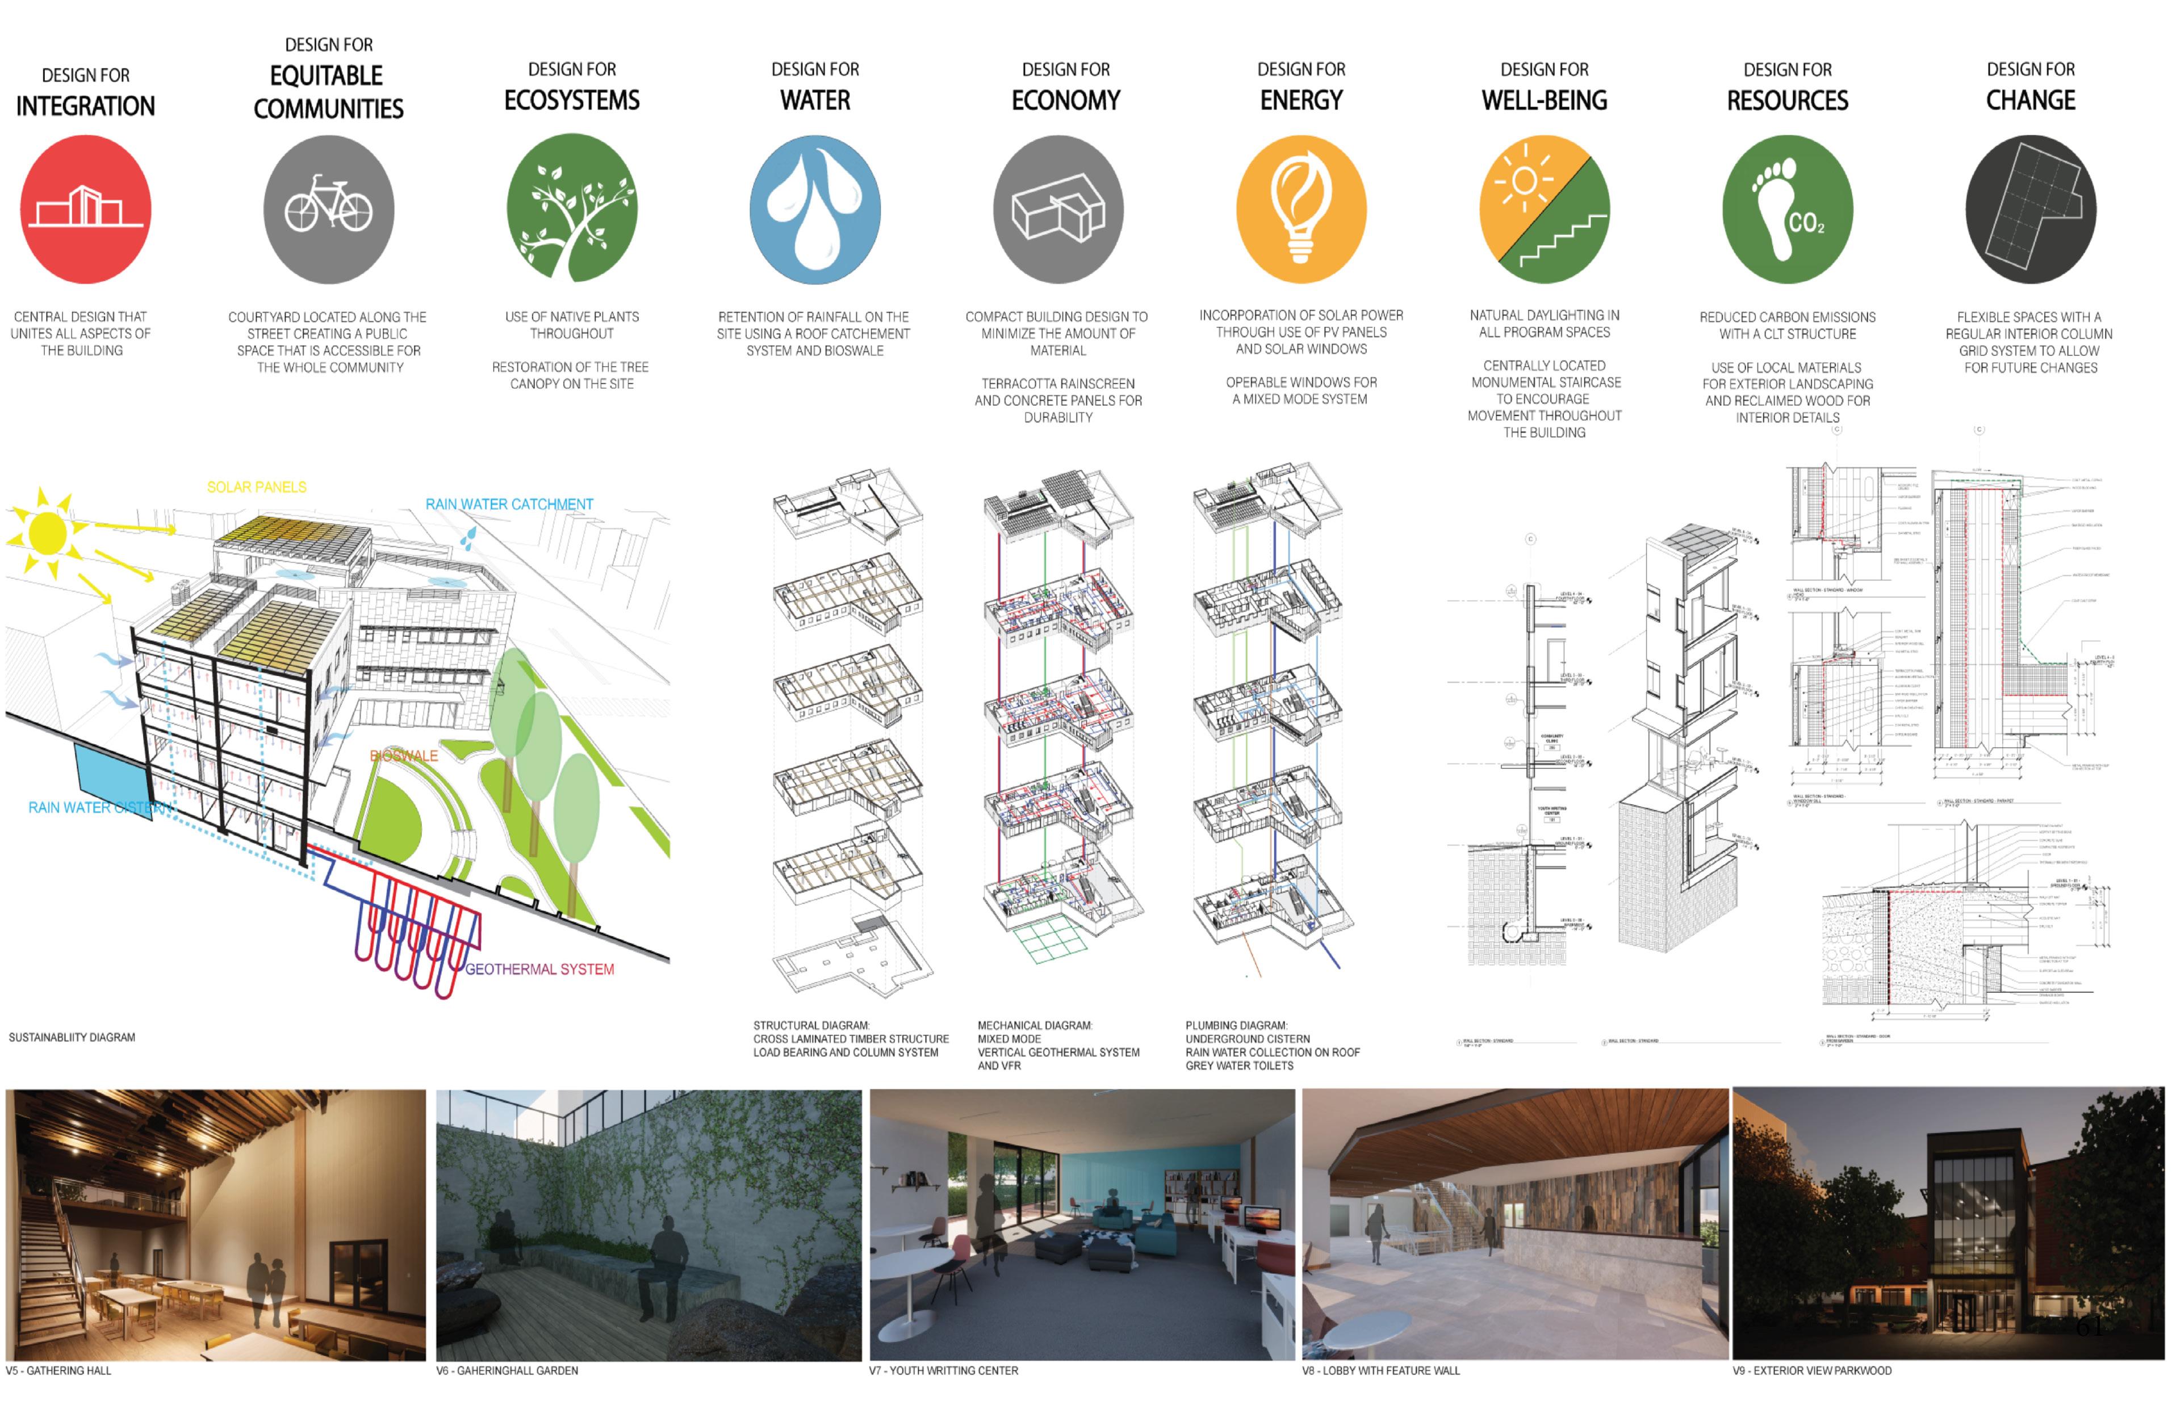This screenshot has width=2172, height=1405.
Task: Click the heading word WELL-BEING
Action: [x=1544, y=100]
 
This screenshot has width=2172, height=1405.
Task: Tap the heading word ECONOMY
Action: [x=1065, y=100]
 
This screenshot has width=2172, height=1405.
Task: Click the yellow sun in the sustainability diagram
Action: [x=48, y=534]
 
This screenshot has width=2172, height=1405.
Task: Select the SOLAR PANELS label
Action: [x=257, y=487]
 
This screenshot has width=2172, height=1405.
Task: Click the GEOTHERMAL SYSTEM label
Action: [x=539, y=969]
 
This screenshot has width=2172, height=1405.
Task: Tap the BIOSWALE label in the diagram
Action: [x=403, y=756]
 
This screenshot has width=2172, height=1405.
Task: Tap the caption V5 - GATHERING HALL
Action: [x=58, y=1370]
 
